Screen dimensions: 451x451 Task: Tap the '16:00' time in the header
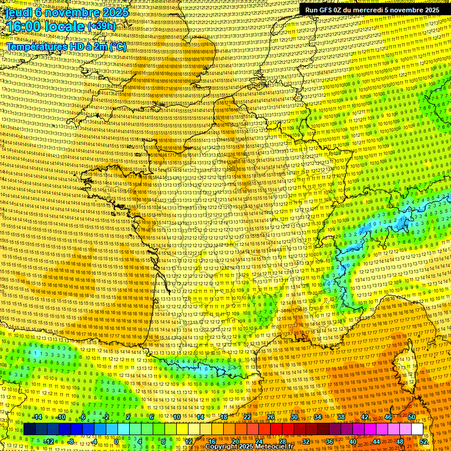[26, 26]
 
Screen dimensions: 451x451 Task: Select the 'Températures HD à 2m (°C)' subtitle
[66, 47]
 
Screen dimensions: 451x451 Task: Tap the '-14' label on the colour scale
[37, 418]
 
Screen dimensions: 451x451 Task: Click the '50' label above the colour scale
[411, 418]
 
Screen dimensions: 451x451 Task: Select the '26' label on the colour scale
[271, 418]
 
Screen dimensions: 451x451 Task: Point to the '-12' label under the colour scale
[49, 441]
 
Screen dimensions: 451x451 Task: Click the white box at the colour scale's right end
[417, 429]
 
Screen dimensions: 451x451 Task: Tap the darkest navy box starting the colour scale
[29, 429]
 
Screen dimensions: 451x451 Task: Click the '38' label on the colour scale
[341, 418]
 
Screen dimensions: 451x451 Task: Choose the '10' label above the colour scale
[176, 418]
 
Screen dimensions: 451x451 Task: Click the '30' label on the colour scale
[294, 418]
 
